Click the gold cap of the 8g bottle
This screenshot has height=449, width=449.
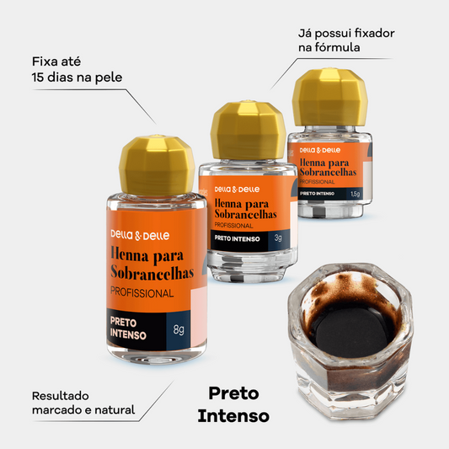157,165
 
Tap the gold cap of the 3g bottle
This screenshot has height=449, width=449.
249,131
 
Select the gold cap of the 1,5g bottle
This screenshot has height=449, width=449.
330,98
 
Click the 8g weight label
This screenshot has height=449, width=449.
179,329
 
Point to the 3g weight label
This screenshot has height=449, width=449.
278,238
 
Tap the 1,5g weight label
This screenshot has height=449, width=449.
355,194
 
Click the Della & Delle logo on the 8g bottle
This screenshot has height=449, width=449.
140,235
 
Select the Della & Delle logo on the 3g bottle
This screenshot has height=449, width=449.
237,190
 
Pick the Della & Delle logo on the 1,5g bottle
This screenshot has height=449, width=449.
320,150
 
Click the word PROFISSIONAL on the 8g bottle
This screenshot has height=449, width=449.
142,292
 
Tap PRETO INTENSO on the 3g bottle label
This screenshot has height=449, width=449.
237,238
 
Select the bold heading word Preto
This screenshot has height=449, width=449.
233,393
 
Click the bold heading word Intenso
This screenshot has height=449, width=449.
233,416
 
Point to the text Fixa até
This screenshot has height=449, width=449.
56,61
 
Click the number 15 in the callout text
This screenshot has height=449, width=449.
37,78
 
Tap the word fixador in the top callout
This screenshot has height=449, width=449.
375,33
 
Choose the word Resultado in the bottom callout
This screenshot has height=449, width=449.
61,396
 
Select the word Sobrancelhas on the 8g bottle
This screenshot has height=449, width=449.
152,272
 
